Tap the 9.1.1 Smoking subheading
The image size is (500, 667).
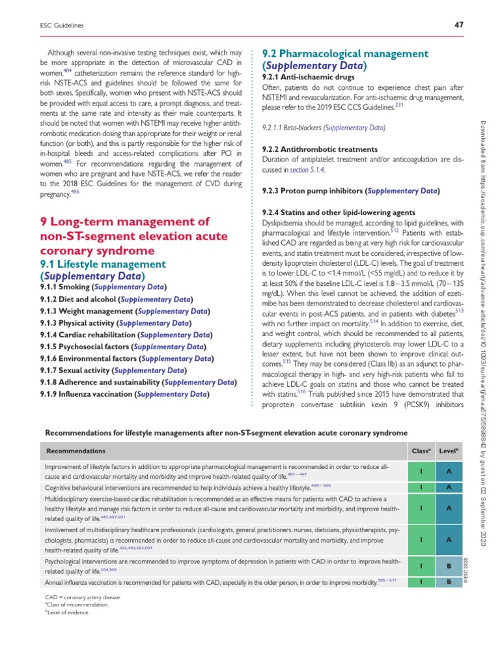tap(103, 287)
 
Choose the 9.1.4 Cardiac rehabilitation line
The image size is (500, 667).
tap(124, 335)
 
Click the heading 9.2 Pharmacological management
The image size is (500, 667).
tap(345, 53)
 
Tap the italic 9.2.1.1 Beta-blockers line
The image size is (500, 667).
tap(323, 128)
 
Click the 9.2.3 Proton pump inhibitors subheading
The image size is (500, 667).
tap(350, 191)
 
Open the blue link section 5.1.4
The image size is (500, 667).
tap(306, 169)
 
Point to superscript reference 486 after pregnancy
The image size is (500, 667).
tap(75, 192)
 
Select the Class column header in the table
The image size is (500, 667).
tap(417, 451)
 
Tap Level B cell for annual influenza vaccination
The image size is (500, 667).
tap(449, 581)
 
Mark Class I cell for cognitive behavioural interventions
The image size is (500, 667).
tap(422, 487)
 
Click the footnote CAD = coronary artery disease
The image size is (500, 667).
tap(83, 597)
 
